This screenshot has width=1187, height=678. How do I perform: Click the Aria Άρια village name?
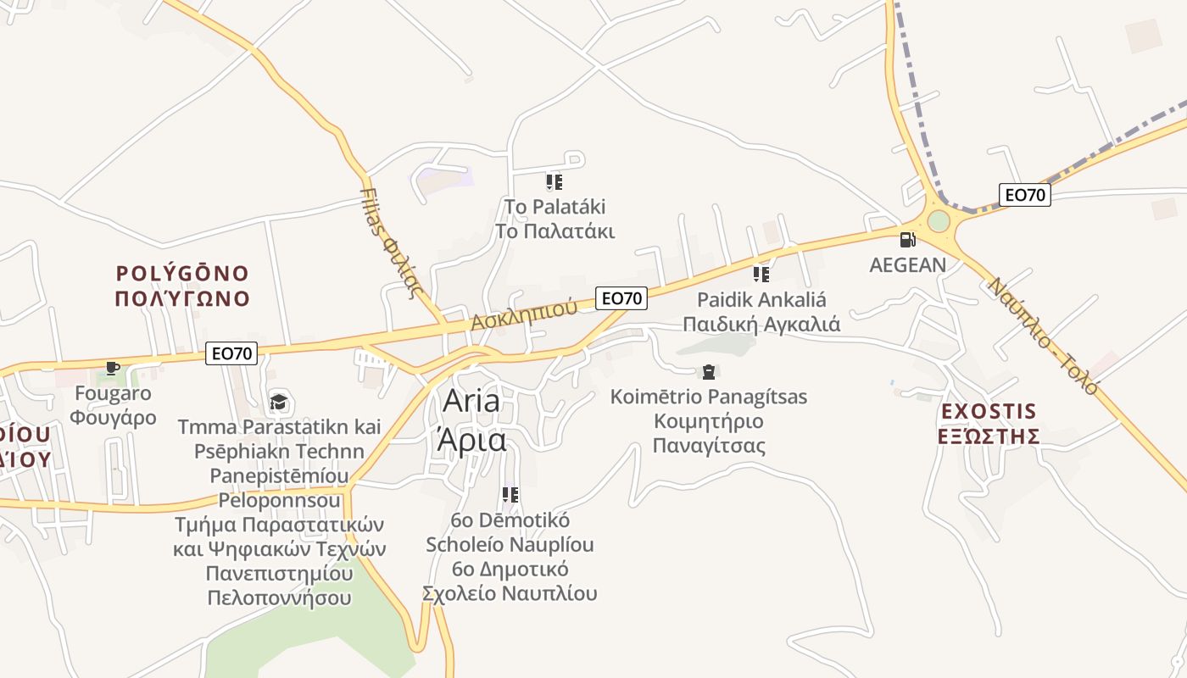(472, 420)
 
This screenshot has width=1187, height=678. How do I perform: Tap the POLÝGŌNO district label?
(182, 286)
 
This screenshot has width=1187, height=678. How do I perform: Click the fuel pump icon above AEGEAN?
(907, 240)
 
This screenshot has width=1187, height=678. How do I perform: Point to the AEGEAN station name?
(907, 265)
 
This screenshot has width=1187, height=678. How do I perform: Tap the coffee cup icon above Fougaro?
(112, 368)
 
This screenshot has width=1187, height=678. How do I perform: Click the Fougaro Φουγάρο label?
(113, 405)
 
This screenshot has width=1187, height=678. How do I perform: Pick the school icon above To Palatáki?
(554, 181)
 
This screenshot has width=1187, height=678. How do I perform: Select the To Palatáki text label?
(554, 219)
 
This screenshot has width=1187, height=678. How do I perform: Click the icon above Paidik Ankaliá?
(761, 274)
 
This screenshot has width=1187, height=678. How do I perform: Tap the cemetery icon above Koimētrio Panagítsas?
(708, 371)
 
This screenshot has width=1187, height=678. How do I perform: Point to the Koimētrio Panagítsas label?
(709, 421)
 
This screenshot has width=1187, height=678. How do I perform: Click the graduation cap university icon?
(278, 402)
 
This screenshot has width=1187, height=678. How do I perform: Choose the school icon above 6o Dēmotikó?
(510, 494)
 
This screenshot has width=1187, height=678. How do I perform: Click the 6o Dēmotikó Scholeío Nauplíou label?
(510, 556)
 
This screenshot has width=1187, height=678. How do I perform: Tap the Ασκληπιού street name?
(524, 315)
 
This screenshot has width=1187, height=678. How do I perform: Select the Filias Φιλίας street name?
(392, 241)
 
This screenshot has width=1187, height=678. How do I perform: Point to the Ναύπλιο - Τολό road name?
(1043, 336)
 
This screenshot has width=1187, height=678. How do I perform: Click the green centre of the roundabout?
(939, 221)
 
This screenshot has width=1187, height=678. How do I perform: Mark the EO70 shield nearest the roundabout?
(1024, 195)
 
